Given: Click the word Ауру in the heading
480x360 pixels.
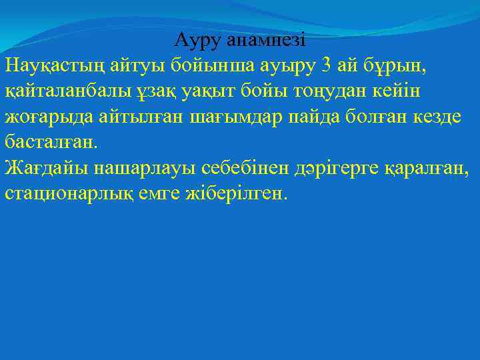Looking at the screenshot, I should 198,41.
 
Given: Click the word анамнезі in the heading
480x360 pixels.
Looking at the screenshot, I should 265,41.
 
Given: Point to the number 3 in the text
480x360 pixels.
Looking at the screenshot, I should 325,66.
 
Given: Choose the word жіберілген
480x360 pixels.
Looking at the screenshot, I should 239,194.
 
